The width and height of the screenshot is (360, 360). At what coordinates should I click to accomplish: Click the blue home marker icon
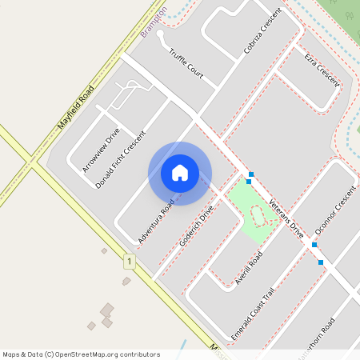coord(180,173)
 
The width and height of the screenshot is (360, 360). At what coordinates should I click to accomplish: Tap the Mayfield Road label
coord(77,107)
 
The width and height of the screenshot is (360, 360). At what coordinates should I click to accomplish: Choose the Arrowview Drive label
coord(101,150)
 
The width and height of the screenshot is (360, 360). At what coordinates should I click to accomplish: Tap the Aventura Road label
coord(156,222)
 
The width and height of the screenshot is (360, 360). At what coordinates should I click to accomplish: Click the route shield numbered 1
coord(128,262)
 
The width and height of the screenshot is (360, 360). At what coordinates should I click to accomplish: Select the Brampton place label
coord(154,20)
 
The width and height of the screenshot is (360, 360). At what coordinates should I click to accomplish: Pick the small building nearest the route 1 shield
coord(126,281)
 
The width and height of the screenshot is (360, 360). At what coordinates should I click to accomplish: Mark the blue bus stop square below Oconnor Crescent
coord(321,262)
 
